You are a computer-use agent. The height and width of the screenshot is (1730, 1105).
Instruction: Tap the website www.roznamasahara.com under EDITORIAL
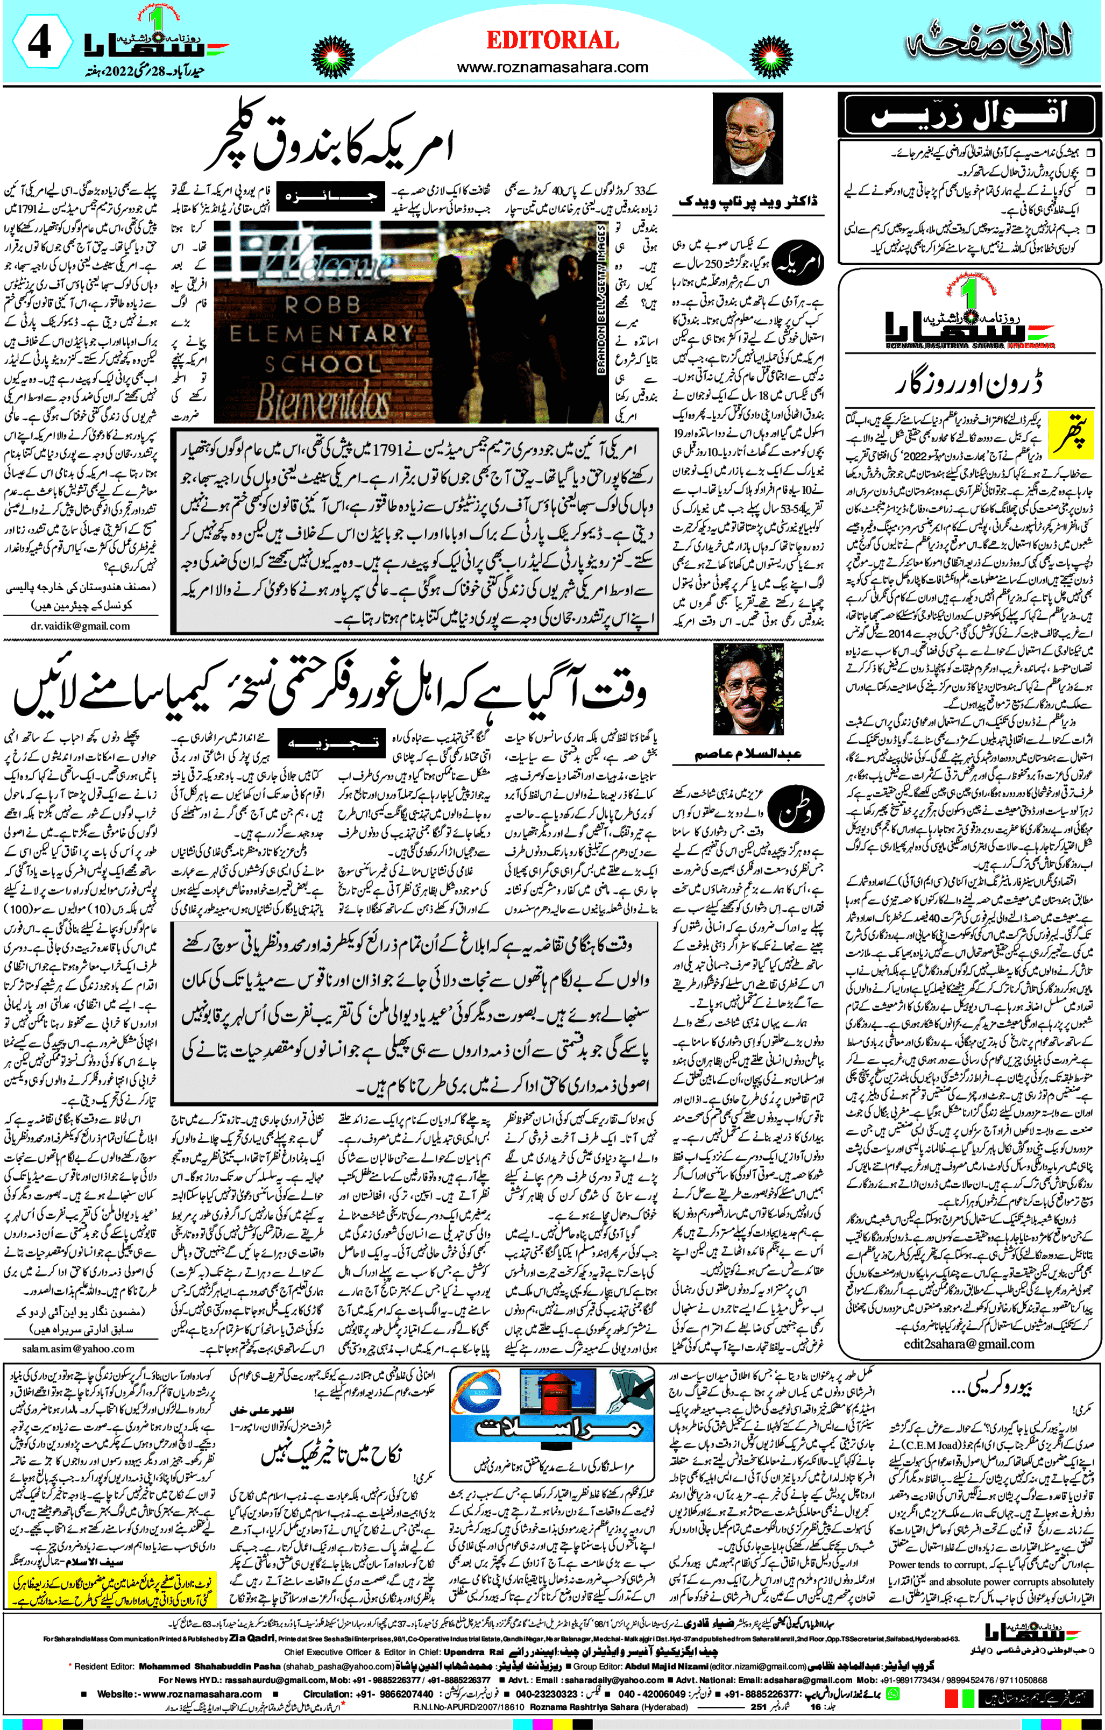coord(552,68)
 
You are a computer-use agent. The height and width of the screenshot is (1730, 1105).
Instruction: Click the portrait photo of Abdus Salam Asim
coord(748,687)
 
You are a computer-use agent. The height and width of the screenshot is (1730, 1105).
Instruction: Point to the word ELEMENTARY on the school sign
coord(321,334)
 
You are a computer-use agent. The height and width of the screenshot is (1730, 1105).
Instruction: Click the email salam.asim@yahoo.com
coord(79,1349)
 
